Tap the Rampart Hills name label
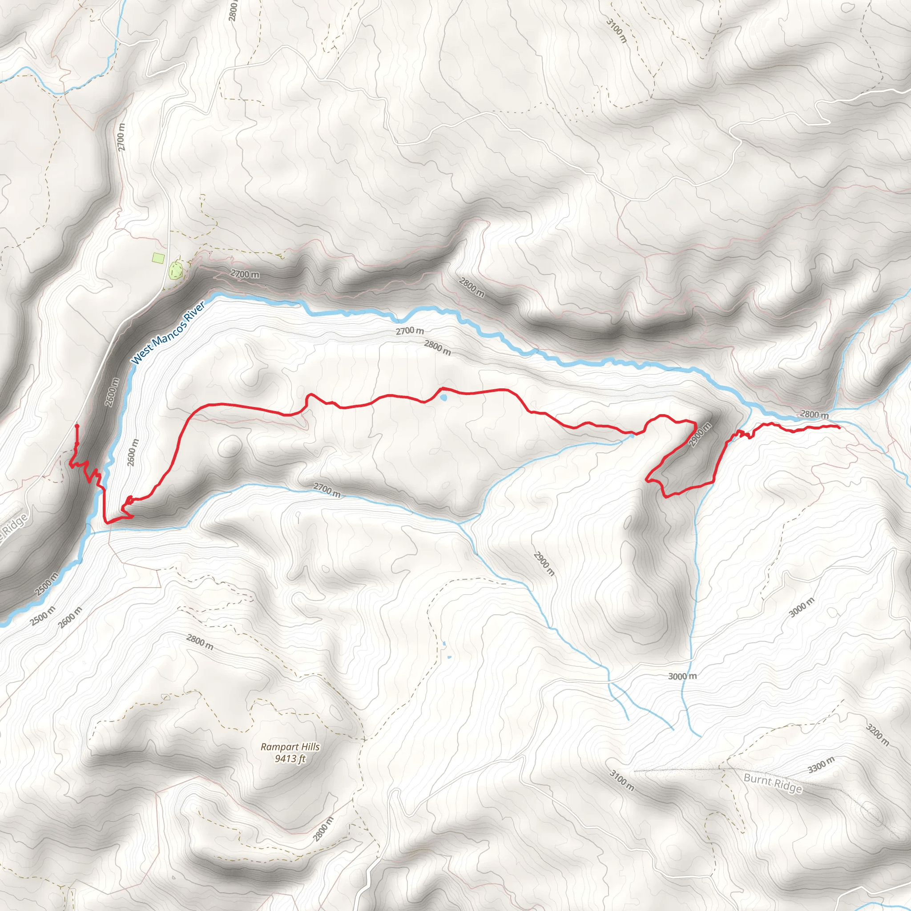click(x=290, y=747)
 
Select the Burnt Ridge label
click(x=772, y=784)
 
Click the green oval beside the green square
click(x=176, y=270)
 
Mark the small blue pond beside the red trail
click(x=443, y=398)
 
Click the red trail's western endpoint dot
click(x=77, y=426)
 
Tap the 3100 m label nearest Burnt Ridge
click(x=621, y=780)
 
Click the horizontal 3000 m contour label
click(x=682, y=676)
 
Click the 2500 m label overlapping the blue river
click(x=47, y=586)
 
